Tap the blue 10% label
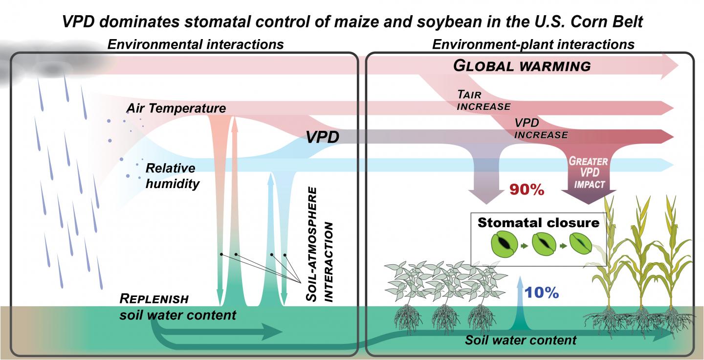pyautogui.click(x=541, y=293)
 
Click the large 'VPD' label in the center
pyautogui.click(x=322, y=137)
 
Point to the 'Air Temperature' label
pyautogui.click(x=176, y=108)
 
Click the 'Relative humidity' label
pyautogui.click(x=171, y=176)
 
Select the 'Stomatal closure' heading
pyautogui.click(x=538, y=222)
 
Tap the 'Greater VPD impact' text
pyautogui.click(x=589, y=172)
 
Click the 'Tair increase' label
pyautogui.click(x=483, y=100)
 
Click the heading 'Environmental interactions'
pyautogui.click(x=195, y=44)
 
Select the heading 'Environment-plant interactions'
pyautogui.click(x=533, y=44)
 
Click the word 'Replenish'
pyautogui.click(x=154, y=298)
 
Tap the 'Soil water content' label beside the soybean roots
pyautogui.click(x=521, y=339)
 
